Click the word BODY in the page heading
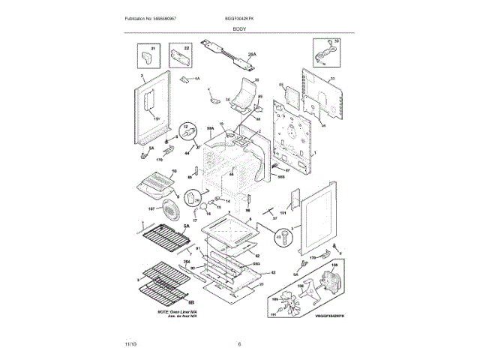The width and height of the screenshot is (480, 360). point(239,27)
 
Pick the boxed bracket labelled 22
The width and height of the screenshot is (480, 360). point(178,55)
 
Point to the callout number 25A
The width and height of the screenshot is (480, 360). point(252,55)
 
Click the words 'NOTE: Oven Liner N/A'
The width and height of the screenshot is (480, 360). point(177,310)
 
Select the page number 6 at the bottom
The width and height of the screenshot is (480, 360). point(239,343)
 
